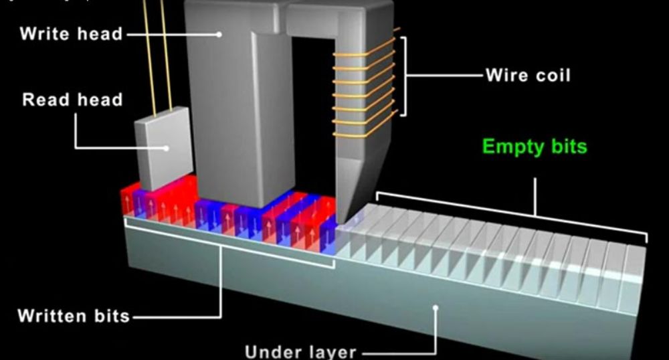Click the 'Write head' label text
72,33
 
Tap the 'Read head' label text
72,100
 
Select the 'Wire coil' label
528,75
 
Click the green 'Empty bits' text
535,147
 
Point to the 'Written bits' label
74,315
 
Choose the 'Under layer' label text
300,351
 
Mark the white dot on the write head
218,33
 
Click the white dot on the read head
167,148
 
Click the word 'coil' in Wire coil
551,75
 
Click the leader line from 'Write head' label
171,33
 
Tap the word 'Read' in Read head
45,100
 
